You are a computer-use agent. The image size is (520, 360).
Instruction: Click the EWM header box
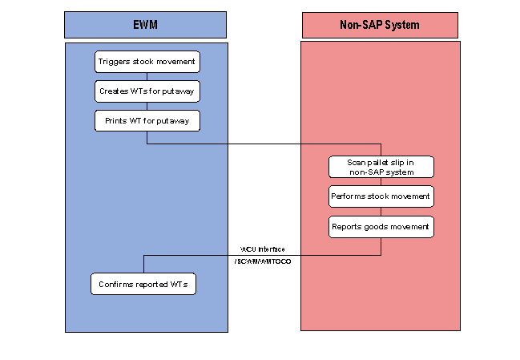point(146,25)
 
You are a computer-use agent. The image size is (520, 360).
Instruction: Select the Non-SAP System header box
point(380,25)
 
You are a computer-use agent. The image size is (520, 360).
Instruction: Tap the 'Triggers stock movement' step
point(146,62)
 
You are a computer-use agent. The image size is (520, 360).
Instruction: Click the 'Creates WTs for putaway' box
point(146,91)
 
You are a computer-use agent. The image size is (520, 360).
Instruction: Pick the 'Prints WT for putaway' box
point(146,121)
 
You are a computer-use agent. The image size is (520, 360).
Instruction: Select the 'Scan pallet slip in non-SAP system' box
point(381,167)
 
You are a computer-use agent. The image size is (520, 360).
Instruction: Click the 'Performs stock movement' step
point(381,196)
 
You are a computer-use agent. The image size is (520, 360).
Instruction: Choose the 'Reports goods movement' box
point(381,227)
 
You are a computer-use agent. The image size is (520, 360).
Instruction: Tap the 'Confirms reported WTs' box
point(143,284)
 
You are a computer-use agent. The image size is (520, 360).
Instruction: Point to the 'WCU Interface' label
point(262,249)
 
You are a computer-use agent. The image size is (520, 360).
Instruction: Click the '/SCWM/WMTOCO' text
point(262,262)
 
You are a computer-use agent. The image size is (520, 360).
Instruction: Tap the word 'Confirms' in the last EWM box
point(115,284)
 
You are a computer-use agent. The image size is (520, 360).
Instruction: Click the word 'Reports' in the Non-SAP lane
point(348,227)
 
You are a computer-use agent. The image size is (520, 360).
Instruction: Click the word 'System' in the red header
point(402,25)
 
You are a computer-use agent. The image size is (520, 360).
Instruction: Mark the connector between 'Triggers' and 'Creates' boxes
point(147,76)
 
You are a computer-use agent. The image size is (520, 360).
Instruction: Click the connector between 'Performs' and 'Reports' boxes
point(381,212)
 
